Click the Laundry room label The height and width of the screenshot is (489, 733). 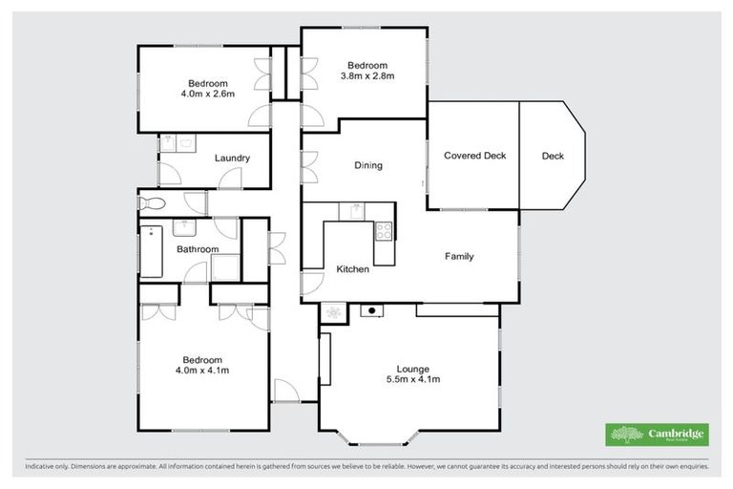tap(232, 158)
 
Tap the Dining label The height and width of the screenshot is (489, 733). tap(368, 165)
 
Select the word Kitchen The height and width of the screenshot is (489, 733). tap(352, 269)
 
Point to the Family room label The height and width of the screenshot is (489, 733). tap(459, 256)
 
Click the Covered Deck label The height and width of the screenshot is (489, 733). tap(474, 156)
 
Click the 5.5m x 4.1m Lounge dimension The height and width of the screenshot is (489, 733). tap(413, 379)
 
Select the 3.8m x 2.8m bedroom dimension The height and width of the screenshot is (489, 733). tap(367, 75)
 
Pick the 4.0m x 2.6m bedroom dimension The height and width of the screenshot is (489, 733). tap(205, 94)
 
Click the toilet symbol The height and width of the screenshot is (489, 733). tap(152, 202)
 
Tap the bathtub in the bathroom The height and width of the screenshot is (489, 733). tap(152, 250)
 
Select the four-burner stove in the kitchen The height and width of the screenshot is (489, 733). tap(384, 230)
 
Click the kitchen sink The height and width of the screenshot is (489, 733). tap(356, 209)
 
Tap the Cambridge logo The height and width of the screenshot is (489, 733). tap(657, 435)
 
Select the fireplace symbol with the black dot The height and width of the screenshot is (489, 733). tap(368, 310)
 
